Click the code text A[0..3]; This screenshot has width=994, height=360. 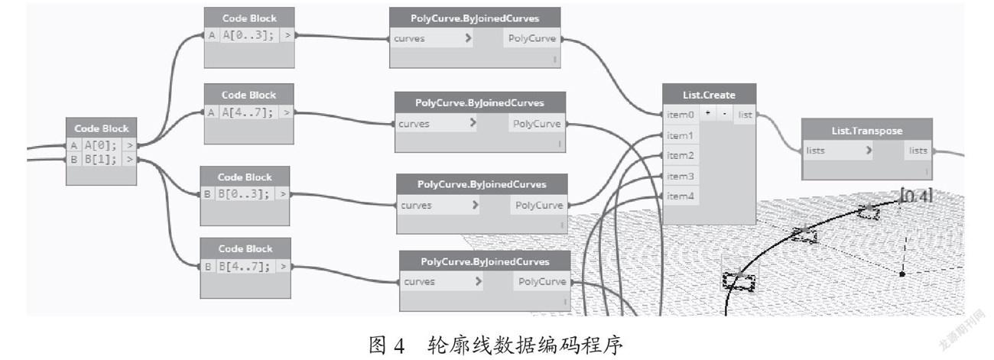(x=248, y=35)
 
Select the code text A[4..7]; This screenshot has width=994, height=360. (x=248, y=112)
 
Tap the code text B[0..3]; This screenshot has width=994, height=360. (x=244, y=193)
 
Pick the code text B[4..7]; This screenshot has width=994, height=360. (x=245, y=267)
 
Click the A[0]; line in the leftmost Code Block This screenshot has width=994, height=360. (x=100, y=145)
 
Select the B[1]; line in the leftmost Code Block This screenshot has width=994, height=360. (x=100, y=159)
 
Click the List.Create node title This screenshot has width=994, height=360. (x=709, y=95)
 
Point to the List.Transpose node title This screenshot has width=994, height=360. (x=867, y=131)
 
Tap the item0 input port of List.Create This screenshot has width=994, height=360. (x=681, y=115)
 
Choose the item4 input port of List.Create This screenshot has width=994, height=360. (x=681, y=196)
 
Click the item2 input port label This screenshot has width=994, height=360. (x=681, y=156)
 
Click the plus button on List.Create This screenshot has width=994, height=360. (x=708, y=113)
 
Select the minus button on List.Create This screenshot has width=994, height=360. (x=724, y=113)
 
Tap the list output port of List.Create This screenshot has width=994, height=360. (x=745, y=115)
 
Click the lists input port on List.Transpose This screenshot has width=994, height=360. (x=816, y=151)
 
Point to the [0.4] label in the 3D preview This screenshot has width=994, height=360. (x=916, y=196)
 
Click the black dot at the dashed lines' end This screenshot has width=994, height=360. (x=902, y=274)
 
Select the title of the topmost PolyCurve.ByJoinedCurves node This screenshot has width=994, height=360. (x=475, y=18)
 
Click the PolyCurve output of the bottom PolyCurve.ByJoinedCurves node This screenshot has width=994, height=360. (x=542, y=281)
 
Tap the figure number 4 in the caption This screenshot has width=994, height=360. (x=398, y=345)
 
